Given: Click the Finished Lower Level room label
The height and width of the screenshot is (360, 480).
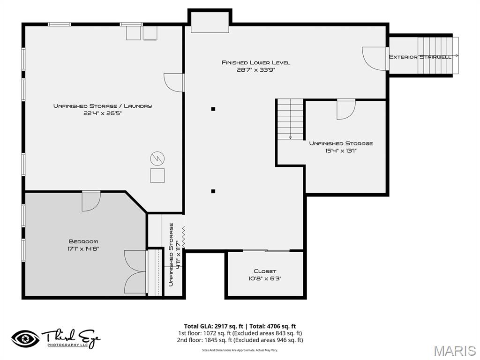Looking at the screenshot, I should click(x=255, y=62).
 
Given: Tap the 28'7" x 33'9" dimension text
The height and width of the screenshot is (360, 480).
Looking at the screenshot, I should click(x=255, y=70).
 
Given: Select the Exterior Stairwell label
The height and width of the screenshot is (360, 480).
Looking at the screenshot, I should click(x=420, y=57).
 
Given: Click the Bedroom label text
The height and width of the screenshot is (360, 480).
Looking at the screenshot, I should click(x=83, y=241).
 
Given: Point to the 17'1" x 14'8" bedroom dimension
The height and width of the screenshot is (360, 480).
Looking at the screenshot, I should click(x=83, y=249).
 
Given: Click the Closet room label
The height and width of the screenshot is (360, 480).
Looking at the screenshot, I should click(x=265, y=271).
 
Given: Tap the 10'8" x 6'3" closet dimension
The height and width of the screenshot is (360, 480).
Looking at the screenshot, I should click(x=265, y=278).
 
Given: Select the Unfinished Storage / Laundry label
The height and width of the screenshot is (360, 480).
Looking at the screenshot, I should click(x=103, y=106).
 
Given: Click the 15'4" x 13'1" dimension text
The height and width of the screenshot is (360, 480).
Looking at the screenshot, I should click(x=341, y=150).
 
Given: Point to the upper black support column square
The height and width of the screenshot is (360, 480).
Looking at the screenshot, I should click(x=213, y=109).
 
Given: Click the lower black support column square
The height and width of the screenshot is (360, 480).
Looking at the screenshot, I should click(x=213, y=191).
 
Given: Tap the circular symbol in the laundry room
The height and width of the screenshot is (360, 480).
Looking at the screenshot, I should click(x=157, y=158).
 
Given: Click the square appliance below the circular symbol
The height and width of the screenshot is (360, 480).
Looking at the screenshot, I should click(x=157, y=175).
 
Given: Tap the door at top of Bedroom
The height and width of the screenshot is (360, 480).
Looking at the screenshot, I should click(x=91, y=201).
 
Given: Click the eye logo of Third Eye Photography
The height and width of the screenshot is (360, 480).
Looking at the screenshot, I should click(x=25, y=338).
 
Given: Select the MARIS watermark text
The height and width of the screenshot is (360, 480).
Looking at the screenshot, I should click(x=454, y=350).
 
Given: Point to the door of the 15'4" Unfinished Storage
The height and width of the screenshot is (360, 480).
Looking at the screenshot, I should click(x=346, y=109).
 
